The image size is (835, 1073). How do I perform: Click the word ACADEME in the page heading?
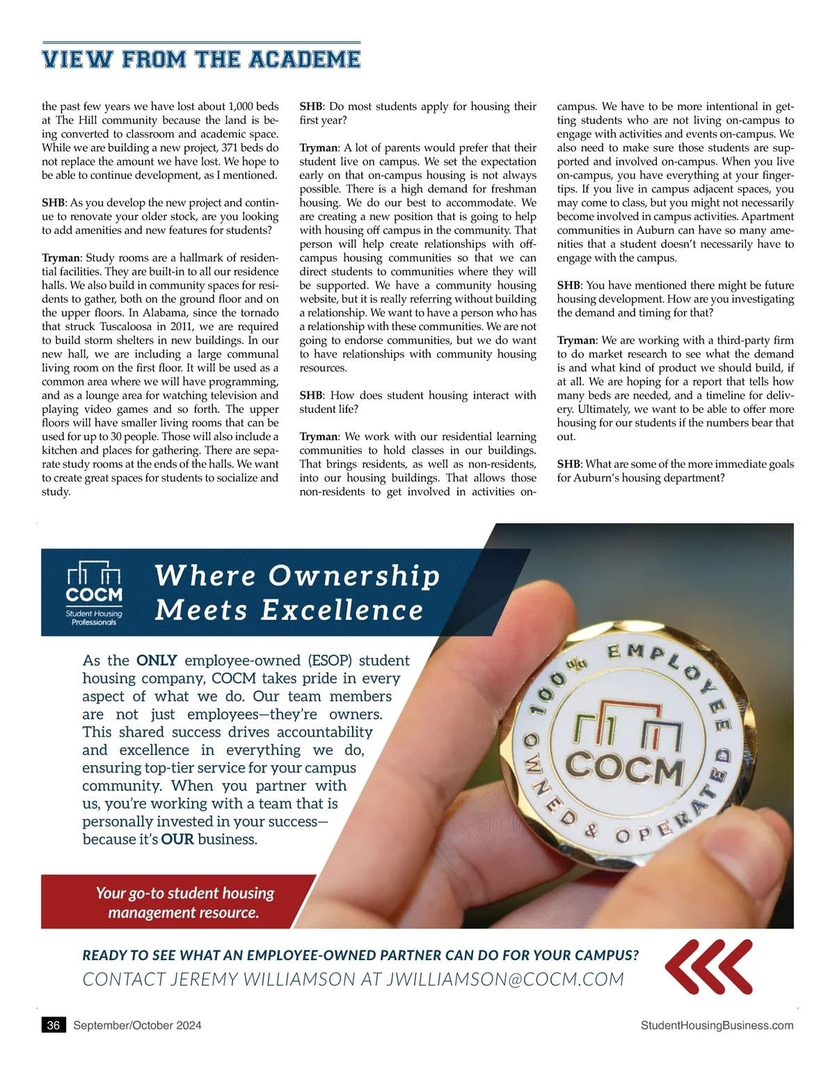pyautogui.click(x=304, y=59)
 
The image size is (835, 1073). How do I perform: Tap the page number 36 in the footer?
pyautogui.click(x=54, y=1025)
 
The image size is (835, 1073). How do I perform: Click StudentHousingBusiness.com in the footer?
pyautogui.click(x=717, y=1025)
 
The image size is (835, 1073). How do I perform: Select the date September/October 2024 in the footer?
pyautogui.click(x=137, y=1025)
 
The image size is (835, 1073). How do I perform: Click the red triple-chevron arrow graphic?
pyautogui.click(x=709, y=966)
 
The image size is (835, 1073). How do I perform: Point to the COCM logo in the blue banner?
pyautogui.click(x=94, y=593)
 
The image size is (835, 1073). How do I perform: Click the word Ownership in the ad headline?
pyautogui.click(x=354, y=576)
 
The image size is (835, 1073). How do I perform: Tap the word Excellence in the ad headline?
pyautogui.click(x=342, y=611)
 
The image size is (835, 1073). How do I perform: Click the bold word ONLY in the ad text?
pyautogui.click(x=157, y=660)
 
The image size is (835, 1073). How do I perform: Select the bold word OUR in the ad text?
pyautogui.click(x=177, y=839)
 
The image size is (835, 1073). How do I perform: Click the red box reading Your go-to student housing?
pyautogui.click(x=184, y=902)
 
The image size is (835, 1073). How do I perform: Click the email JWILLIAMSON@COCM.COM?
pyautogui.click(x=504, y=979)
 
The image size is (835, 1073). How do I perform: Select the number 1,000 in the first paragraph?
pyautogui.click(x=241, y=107)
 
